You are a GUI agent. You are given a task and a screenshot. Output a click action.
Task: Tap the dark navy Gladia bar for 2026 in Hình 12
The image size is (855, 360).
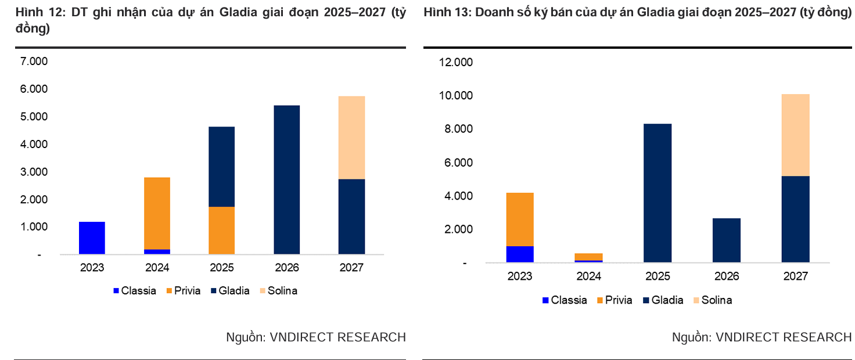tap(286, 179)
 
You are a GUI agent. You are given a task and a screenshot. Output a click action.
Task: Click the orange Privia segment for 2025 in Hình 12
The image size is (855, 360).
tap(222, 230)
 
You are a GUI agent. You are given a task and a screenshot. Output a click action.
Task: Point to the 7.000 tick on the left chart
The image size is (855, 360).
tap(34, 62)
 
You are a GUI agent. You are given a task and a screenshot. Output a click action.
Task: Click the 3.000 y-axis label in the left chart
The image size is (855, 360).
tap(34, 172)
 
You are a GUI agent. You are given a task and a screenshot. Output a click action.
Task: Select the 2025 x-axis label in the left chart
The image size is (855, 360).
tap(222, 268)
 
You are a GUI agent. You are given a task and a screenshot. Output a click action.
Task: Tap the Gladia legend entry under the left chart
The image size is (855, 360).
tap(229, 291)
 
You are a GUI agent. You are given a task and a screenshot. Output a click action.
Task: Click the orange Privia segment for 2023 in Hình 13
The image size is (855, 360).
tap(520, 219)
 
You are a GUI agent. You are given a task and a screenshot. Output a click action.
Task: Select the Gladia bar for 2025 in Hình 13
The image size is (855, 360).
tap(658, 193)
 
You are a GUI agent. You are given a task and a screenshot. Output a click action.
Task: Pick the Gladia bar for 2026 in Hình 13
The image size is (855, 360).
tap(726, 240)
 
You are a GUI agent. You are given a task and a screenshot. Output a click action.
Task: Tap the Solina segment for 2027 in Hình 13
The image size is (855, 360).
tap(795, 135)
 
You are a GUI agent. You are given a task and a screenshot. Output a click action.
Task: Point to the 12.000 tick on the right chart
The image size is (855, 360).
tap(457, 63)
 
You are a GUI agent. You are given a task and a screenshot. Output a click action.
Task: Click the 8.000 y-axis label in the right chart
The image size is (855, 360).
tap(459, 129)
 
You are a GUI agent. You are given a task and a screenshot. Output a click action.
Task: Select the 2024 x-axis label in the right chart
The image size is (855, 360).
tap(588, 276)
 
